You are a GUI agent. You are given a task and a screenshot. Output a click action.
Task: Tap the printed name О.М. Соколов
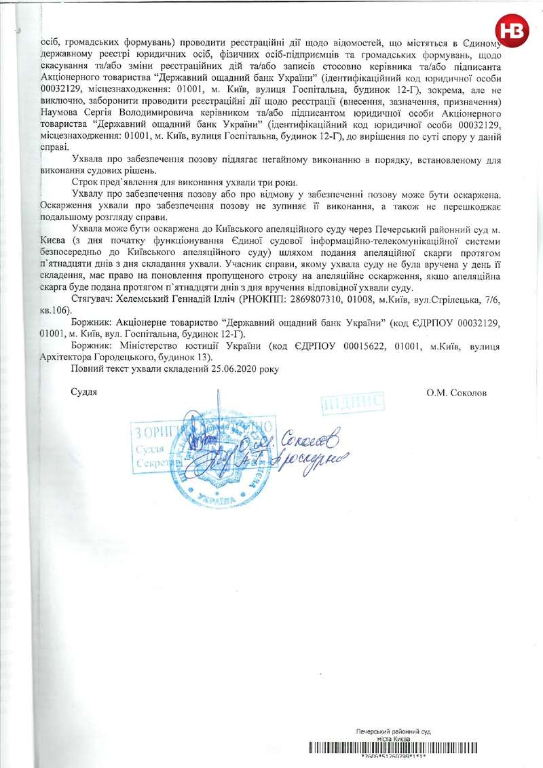pyautogui.click(x=457, y=392)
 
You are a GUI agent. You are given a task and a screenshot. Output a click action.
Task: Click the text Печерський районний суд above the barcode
pyautogui.click(x=394, y=731)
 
